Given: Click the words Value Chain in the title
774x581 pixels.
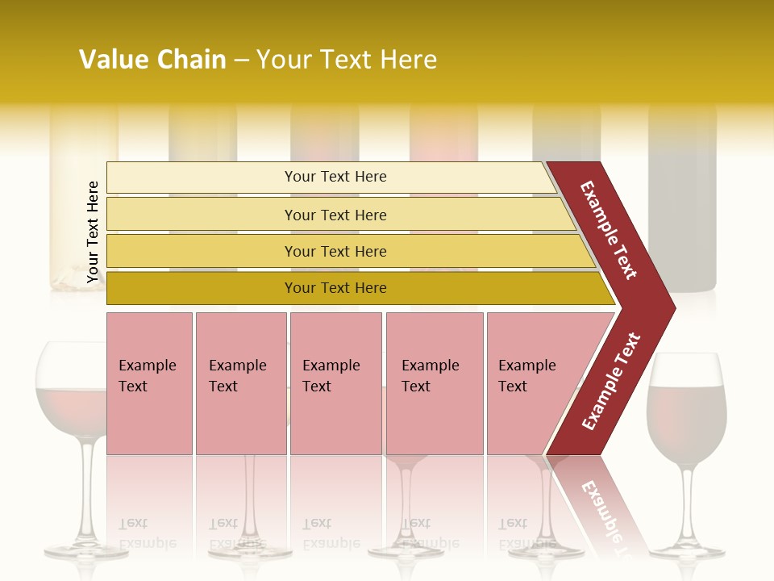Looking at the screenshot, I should point(152,60).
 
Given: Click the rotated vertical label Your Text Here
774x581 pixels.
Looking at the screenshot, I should point(93,232).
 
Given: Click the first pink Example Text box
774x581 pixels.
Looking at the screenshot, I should point(149,383).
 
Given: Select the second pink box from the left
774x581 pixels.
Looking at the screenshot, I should point(241,383).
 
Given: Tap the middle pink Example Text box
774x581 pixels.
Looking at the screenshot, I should point(335,383).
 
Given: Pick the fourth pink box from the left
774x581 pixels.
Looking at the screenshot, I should point(435,383).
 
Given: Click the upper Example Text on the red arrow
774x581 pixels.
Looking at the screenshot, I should point(609,230).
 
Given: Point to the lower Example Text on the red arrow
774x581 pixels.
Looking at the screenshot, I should point(611,382).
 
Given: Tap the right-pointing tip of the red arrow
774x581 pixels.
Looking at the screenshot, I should point(669,307).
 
